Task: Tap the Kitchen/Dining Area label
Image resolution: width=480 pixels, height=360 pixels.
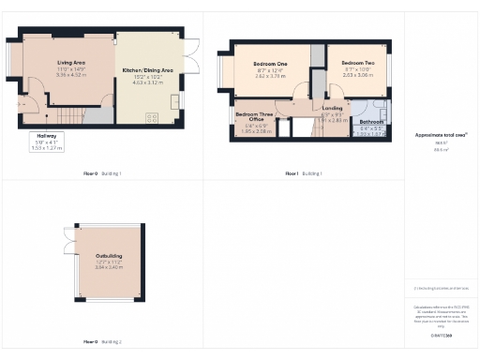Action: tap(148, 71)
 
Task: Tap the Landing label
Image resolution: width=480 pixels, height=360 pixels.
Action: tap(332, 110)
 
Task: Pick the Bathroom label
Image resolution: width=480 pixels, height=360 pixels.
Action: tap(372, 123)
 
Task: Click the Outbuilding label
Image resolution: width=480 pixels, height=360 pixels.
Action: tap(109, 256)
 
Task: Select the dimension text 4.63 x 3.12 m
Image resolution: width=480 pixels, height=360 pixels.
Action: tap(148, 82)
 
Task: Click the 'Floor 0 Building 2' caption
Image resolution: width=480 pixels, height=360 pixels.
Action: tap(102, 342)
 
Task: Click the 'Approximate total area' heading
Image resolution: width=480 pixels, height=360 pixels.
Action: tap(441, 136)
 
